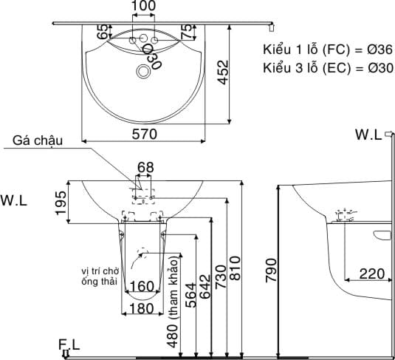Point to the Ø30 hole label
point(152,56)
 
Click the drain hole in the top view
point(142,72)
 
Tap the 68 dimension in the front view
point(145,168)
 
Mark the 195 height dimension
point(61,200)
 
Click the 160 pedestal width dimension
point(142,286)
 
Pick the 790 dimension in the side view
point(271,272)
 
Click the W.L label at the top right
point(368,135)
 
